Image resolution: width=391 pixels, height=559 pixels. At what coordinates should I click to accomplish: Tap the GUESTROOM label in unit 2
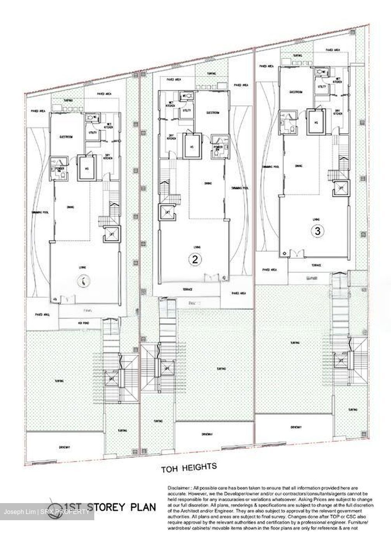[x=213, y=113]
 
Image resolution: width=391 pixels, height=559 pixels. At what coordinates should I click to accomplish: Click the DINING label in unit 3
[x=298, y=166]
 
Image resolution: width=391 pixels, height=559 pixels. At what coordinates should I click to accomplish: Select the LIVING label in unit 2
[x=195, y=247]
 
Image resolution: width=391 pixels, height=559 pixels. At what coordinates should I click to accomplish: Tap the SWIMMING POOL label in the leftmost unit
[x=40, y=213]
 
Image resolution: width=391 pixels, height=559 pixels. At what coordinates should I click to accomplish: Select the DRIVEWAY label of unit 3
[x=296, y=427]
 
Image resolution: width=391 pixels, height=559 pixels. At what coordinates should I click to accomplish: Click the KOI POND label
[x=81, y=323]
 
